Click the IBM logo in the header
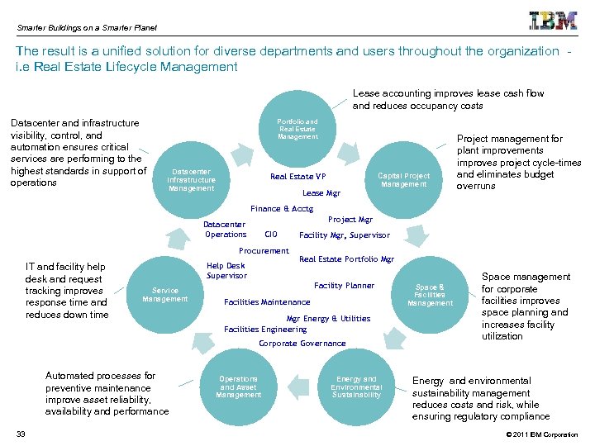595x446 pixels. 553,21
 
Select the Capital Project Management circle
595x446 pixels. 403,180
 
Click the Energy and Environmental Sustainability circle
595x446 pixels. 356,387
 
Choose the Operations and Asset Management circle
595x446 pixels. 238,387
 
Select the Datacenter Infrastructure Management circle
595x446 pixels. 191,180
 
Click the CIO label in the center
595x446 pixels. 270,235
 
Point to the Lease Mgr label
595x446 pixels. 321,193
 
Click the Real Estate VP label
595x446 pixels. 297,177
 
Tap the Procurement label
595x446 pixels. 264,251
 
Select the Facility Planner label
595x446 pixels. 344,286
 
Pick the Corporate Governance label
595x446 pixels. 302,344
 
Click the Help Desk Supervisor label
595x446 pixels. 226,271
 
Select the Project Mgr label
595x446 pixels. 350,220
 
